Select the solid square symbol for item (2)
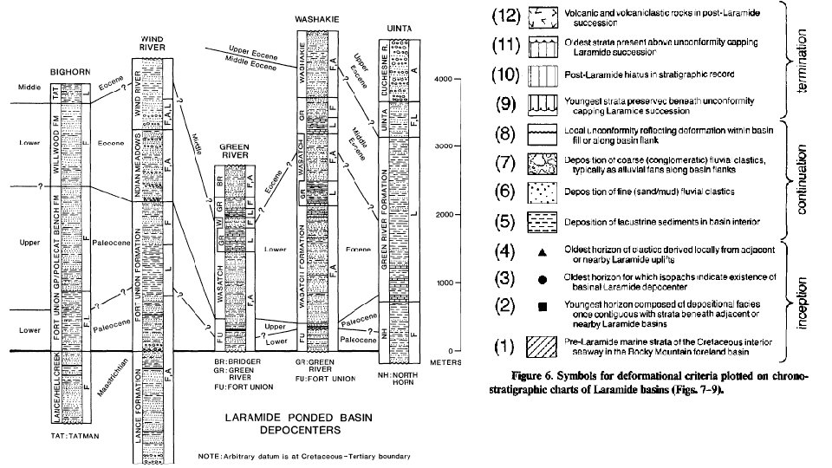pyautogui.click(x=543, y=308)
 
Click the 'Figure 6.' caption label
pyautogui.click(x=534, y=377)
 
